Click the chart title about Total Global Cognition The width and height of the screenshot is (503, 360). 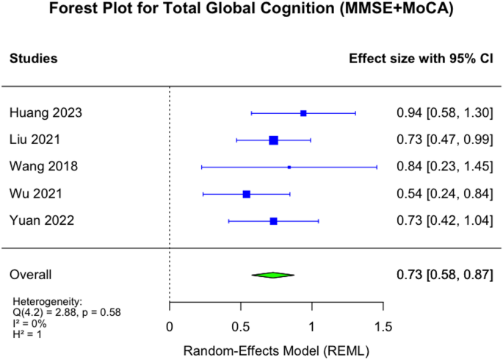(x=251, y=10)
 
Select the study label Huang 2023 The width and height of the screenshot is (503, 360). (x=46, y=113)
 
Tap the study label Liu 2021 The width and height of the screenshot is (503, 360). (x=36, y=140)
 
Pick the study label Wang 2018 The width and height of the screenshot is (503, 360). (x=43, y=167)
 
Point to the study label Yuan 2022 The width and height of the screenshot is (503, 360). (x=41, y=221)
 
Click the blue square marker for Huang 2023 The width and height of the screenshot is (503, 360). (x=303, y=113)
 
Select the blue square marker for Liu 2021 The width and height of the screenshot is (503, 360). (x=274, y=140)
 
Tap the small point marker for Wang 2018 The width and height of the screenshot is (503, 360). (x=289, y=167)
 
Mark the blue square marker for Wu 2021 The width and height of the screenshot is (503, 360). (x=247, y=194)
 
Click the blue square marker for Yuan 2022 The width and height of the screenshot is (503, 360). (x=274, y=221)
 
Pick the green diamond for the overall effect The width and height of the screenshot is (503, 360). (x=273, y=275)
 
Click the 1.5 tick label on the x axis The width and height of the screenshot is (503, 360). (x=383, y=325)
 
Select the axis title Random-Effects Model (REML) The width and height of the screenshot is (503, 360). (x=276, y=349)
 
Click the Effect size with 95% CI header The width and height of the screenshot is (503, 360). (x=420, y=58)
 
